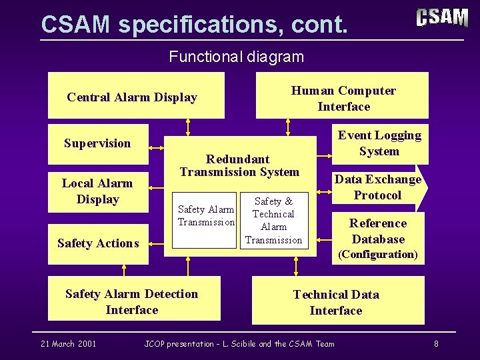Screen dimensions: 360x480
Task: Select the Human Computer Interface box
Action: coord(343,99)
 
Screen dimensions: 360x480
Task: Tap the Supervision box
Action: coord(98,143)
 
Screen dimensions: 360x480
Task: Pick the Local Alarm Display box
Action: coord(98,191)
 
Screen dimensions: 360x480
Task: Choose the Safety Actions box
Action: coord(98,243)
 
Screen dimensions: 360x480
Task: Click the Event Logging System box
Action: coord(379,143)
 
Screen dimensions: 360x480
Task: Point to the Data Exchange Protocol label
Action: coord(377,187)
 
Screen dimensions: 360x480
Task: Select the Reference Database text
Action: coord(378,231)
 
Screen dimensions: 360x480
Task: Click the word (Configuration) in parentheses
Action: coord(378,255)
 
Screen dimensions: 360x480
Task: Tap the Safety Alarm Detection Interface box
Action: coord(133,302)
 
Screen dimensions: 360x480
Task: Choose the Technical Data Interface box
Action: coord(337,303)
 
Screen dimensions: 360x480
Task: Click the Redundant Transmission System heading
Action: coord(239,165)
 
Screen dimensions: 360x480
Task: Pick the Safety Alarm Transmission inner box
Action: coord(205,216)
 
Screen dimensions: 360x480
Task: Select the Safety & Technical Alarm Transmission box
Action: coord(274,221)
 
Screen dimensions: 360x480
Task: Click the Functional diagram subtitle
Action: coord(237,57)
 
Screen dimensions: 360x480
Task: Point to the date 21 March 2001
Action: coord(68,344)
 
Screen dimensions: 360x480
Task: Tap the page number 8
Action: coord(436,344)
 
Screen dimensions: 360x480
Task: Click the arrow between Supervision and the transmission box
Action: coord(157,147)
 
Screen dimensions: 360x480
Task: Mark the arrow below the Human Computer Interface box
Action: coord(288,127)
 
